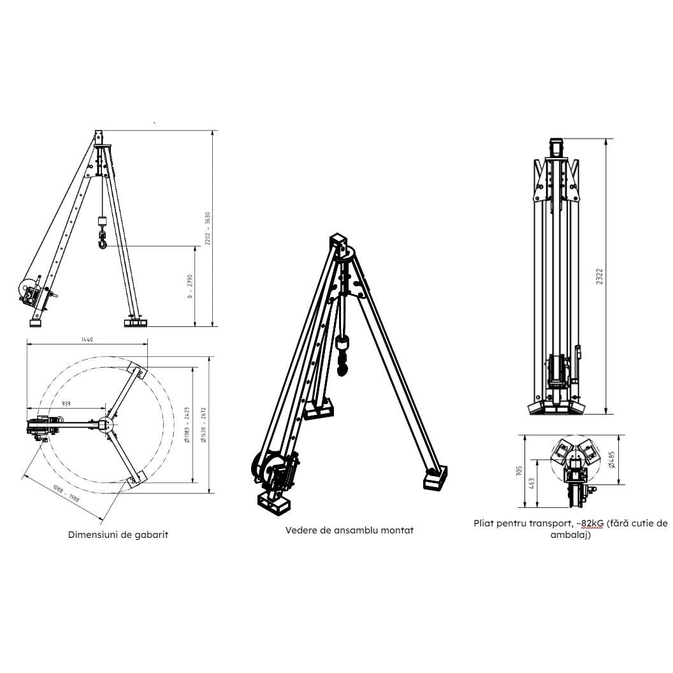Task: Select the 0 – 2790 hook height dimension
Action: click(191, 287)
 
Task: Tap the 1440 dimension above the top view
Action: click(87, 340)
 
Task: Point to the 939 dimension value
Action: click(66, 404)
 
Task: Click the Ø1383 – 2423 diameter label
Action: click(187, 426)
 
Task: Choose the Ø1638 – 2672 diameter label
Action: click(203, 426)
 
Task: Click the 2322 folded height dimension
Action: click(600, 276)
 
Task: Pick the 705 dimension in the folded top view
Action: click(520, 471)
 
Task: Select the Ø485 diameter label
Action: click(612, 460)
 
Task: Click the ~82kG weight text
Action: click(583, 523)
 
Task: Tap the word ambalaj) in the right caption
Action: click(571, 535)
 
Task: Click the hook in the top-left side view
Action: click(102, 241)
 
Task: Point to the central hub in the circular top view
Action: click(105, 425)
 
